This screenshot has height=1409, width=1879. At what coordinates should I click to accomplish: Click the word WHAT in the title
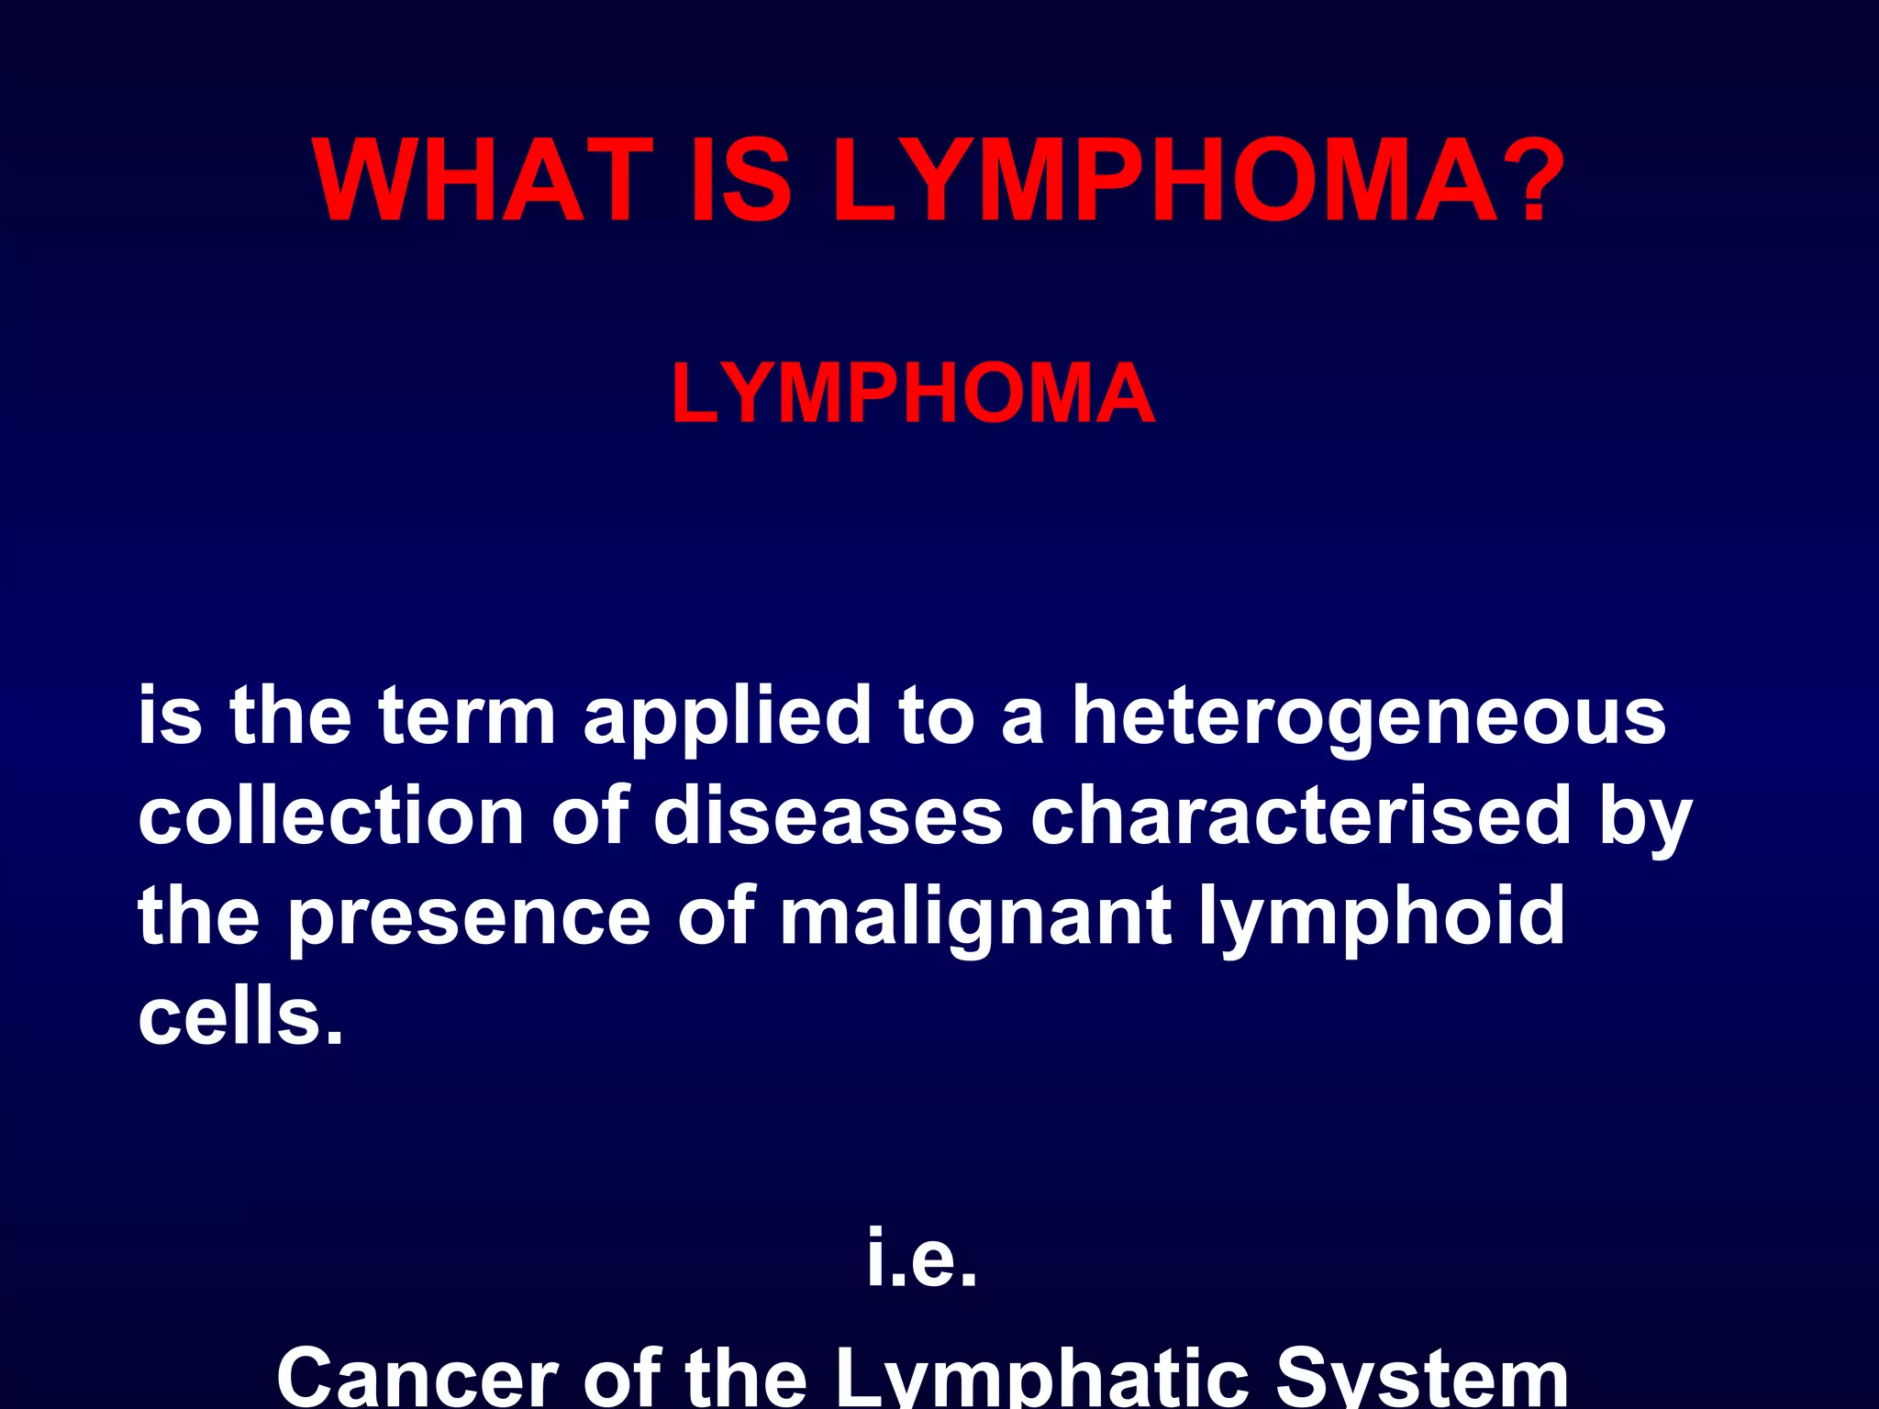click(482, 181)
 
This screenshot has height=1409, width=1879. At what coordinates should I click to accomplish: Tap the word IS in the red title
click(739, 181)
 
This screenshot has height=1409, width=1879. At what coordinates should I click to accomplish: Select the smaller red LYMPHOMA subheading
click(913, 394)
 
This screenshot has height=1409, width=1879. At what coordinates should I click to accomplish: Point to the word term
click(467, 716)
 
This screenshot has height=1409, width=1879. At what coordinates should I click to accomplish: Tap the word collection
click(331, 816)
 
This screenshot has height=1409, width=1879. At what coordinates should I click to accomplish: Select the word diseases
click(828, 816)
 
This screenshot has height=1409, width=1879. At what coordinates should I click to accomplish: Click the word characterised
click(1301, 816)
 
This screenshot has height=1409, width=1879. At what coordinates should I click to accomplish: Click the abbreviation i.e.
click(922, 1258)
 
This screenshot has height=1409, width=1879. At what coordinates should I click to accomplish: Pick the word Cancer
click(417, 1376)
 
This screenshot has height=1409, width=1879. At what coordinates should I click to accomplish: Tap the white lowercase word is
click(170, 716)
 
